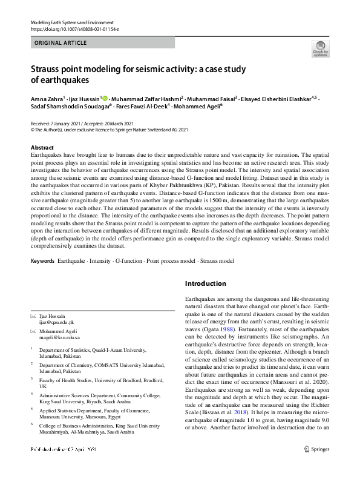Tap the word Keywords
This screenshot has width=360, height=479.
click(x=42, y=260)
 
